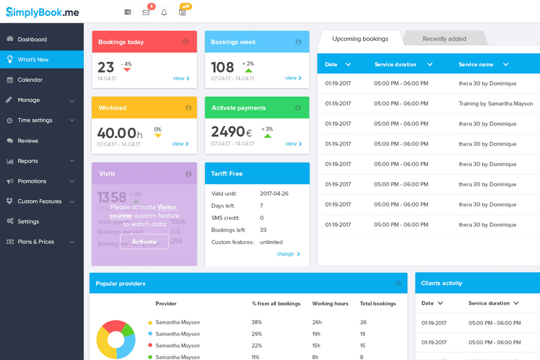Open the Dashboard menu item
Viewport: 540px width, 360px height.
(x=32, y=39)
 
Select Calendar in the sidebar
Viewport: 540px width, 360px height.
(x=30, y=80)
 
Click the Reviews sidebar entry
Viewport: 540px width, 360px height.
(x=28, y=141)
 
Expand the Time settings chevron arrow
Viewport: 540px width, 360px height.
(x=72, y=120)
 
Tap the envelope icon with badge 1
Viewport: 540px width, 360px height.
(x=146, y=12)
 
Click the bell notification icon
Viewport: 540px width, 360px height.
(x=164, y=12)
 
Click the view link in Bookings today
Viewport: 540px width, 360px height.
(x=181, y=78)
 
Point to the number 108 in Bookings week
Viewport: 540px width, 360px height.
(x=222, y=67)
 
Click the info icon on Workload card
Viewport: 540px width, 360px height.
(x=188, y=107)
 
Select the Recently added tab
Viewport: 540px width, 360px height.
(x=444, y=39)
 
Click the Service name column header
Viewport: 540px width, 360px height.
(x=476, y=64)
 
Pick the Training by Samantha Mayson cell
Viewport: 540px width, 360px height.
(x=496, y=103)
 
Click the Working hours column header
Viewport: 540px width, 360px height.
(x=330, y=304)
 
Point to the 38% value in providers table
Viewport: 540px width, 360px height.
(x=256, y=322)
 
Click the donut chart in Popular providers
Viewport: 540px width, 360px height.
(x=116, y=339)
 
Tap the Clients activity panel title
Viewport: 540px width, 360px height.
(x=442, y=283)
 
